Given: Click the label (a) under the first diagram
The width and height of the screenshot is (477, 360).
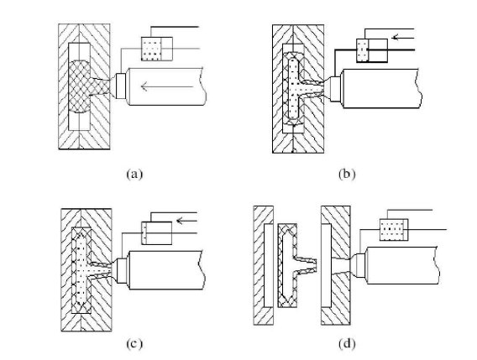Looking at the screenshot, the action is click(x=134, y=175).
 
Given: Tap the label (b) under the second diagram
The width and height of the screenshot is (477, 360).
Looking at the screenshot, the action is click(x=347, y=175).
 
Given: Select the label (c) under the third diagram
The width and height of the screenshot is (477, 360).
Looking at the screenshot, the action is click(x=134, y=343).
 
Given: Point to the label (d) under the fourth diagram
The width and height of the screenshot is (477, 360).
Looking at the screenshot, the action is click(x=347, y=343).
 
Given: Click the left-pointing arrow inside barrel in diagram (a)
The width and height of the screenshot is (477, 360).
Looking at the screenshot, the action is click(x=167, y=86).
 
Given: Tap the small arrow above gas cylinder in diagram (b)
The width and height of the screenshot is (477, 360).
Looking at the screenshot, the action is click(x=403, y=38).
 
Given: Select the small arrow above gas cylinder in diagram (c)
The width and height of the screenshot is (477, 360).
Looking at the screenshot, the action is click(x=186, y=221).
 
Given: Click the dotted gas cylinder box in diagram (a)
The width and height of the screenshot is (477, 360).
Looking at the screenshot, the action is click(x=157, y=49).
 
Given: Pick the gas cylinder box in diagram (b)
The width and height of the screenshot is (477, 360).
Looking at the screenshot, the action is click(x=372, y=50).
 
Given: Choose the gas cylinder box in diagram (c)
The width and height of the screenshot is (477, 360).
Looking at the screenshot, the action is click(x=157, y=233).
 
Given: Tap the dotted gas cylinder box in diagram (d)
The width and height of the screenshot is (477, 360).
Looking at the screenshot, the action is click(x=394, y=230).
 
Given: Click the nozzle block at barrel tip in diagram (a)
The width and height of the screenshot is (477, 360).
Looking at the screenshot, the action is click(x=121, y=86).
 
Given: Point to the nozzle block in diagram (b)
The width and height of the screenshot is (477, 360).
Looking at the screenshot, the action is click(x=335, y=89).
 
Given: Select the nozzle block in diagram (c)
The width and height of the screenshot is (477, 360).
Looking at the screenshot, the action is click(x=122, y=270).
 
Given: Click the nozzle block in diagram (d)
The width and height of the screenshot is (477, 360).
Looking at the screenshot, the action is click(x=360, y=265).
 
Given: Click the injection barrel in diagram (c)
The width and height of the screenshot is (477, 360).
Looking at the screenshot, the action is click(x=165, y=270).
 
